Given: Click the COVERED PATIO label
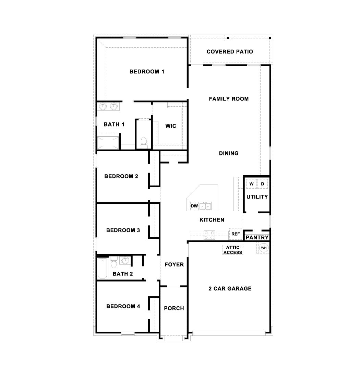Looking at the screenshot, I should click(x=230, y=52).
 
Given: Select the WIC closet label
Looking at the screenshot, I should click(x=170, y=126).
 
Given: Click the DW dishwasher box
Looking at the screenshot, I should click(x=194, y=206).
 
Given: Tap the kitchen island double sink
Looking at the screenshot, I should click(x=206, y=206).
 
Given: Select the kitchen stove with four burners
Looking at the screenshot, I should click(x=209, y=235).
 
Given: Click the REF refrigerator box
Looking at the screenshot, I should click(x=236, y=234).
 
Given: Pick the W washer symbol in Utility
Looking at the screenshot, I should click(x=251, y=184).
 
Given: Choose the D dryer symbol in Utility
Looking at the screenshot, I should click(x=263, y=184).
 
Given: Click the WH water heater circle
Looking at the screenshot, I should click(x=264, y=248).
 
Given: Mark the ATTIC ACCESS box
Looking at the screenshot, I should click(x=233, y=250).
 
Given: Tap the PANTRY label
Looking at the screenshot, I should click(x=257, y=237).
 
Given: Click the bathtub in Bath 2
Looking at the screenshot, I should click(x=103, y=269).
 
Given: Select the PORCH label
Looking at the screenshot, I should click(x=174, y=308).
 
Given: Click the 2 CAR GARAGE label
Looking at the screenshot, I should click(x=230, y=289).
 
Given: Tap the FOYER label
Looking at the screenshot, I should click(x=174, y=265).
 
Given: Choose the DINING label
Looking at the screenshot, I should click(x=229, y=153).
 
